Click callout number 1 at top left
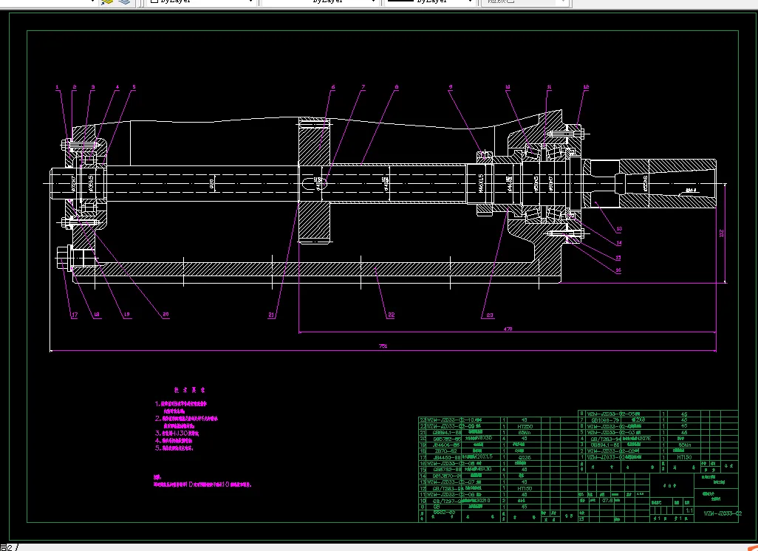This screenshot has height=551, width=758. (57, 87)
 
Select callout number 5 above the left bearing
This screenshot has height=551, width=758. (134, 87)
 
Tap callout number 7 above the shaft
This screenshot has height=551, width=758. (363, 87)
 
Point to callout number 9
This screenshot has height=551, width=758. (450, 87)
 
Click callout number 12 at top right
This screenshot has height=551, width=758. (586, 87)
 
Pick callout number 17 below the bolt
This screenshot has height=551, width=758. (74, 315)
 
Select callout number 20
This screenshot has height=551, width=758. (165, 315)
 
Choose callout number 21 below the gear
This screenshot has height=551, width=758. (272, 315)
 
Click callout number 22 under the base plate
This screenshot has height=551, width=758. (391, 315)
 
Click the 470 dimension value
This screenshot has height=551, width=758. (508, 328)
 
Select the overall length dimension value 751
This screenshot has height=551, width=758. (383, 346)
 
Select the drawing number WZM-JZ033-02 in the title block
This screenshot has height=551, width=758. (721, 512)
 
